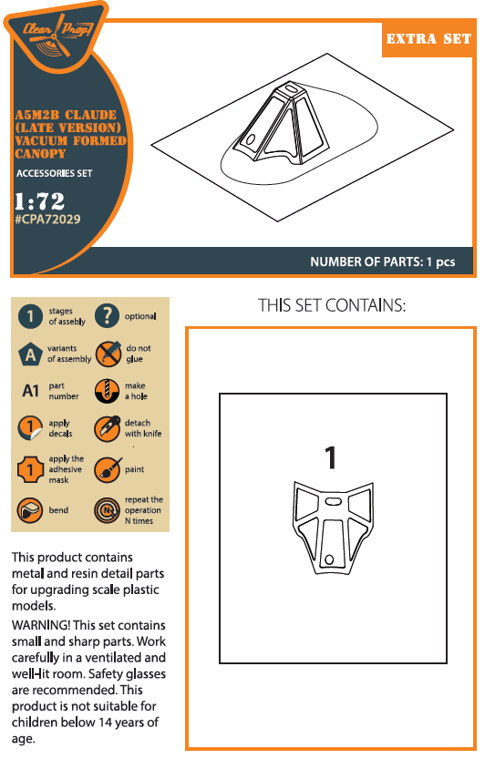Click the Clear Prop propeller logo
pos(56,35)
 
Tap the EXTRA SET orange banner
pos(428,39)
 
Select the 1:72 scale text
pos(39,200)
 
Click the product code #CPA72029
pos(47,220)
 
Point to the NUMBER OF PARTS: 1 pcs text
pos(382,262)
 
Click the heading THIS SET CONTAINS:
pos(332,305)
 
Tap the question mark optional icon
pos(107,316)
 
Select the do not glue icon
pos(108,354)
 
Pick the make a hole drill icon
pos(107,391)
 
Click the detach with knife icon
pos(107,428)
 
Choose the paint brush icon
pos(108,469)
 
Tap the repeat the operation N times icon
pos(107,510)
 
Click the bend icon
pos(30,510)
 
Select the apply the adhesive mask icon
pos(30,469)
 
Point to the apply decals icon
pos(30,428)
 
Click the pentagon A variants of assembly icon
pos(30,354)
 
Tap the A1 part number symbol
pos(30,391)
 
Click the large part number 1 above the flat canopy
pos(330,457)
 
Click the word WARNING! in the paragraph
pos(41,625)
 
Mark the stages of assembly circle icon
pos(30,316)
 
